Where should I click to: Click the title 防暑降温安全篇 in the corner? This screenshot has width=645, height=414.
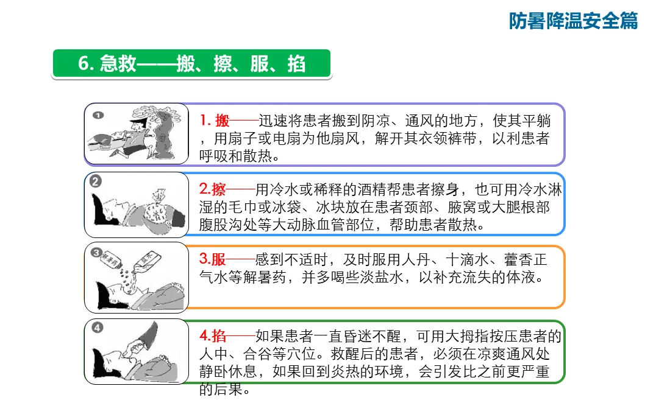(x=573, y=21)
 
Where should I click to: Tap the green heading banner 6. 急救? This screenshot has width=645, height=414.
(x=191, y=64)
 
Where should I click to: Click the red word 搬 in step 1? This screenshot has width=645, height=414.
(x=222, y=121)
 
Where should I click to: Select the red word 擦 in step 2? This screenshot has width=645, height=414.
(x=218, y=189)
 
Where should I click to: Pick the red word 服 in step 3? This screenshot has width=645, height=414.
(x=218, y=259)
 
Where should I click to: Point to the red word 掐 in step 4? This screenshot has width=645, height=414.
(x=219, y=336)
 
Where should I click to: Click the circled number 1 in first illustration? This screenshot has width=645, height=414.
(x=98, y=115)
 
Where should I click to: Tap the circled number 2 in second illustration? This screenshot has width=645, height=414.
(x=96, y=181)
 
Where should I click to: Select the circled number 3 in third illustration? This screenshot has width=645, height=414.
(x=96, y=252)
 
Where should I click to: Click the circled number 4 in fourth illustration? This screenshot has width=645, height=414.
(x=97, y=328)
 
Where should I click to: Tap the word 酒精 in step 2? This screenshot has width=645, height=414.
(x=372, y=189)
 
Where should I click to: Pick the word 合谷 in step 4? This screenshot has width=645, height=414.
(x=257, y=354)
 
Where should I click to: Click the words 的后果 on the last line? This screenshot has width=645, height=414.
(x=221, y=388)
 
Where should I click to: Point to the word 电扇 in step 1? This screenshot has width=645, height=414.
(x=287, y=138)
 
